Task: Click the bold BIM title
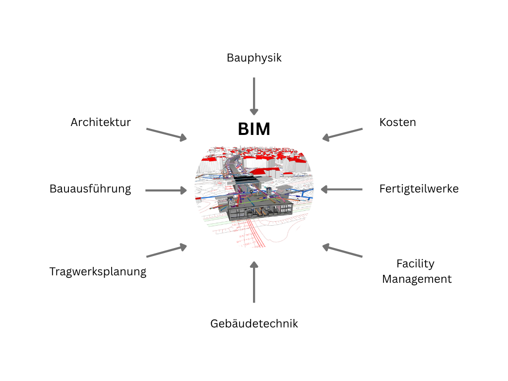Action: click(x=254, y=129)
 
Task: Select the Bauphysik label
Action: click(x=254, y=58)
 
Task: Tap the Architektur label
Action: click(x=101, y=122)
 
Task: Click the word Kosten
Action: click(x=397, y=122)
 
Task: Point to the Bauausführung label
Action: click(x=90, y=189)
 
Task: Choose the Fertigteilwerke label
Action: click(x=419, y=189)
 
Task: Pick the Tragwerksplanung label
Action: click(x=98, y=272)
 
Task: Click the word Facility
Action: click(x=415, y=263)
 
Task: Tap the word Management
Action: click(x=417, y=279)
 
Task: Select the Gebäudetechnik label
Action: click(x=254, y=324)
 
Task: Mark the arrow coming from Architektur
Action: click(x=167, y=134)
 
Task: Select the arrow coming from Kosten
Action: click(x=342, y=134)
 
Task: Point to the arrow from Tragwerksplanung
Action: click(x=167, y=251)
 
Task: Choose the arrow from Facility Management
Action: click(x=342, y=251)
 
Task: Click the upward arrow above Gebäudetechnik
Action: click(x=254, y=283)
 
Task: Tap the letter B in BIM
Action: click(x=243, y=129)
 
